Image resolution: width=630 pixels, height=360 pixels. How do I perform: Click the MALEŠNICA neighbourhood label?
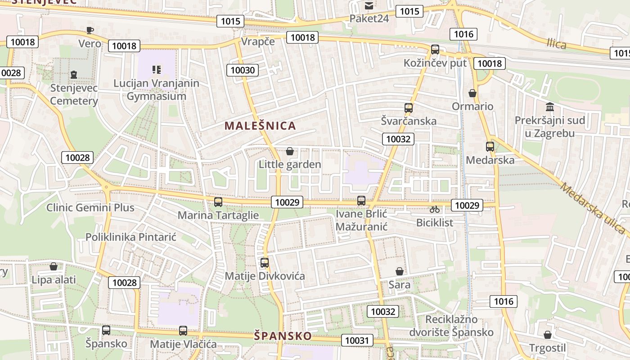[260, 126]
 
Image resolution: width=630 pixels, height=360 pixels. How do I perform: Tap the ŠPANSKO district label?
[283, 336]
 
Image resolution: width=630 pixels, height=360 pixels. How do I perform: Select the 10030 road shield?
[243, 70]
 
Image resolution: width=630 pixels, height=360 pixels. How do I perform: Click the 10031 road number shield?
[357, 340]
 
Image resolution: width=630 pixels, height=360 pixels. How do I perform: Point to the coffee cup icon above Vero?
[90, 30]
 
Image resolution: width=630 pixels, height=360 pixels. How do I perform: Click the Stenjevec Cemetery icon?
[74, 74]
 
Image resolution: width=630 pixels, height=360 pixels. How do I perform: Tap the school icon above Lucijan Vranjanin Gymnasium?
[156, 70]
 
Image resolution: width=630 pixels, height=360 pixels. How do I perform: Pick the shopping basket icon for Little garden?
[290, 151]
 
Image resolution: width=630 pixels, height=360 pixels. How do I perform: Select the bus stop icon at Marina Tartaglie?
[218, 202]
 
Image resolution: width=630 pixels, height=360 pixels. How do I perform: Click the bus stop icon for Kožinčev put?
[435, 49]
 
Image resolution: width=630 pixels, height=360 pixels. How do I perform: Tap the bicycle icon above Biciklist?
[434, 209]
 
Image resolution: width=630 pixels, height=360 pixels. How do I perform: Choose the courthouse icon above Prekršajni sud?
[550, 107]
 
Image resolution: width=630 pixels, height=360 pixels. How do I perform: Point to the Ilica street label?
[557, 44]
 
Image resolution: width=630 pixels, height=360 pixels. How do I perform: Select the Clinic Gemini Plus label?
[90, 207]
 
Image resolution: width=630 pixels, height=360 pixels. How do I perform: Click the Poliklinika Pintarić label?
[131, 237]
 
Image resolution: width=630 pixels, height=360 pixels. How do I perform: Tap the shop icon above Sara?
[399, 271]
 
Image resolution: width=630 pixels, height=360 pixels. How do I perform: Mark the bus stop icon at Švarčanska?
[409, 108]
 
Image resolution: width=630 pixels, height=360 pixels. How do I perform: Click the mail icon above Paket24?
[369, 6]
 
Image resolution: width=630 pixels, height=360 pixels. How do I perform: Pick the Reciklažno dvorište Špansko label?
[451, 326]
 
